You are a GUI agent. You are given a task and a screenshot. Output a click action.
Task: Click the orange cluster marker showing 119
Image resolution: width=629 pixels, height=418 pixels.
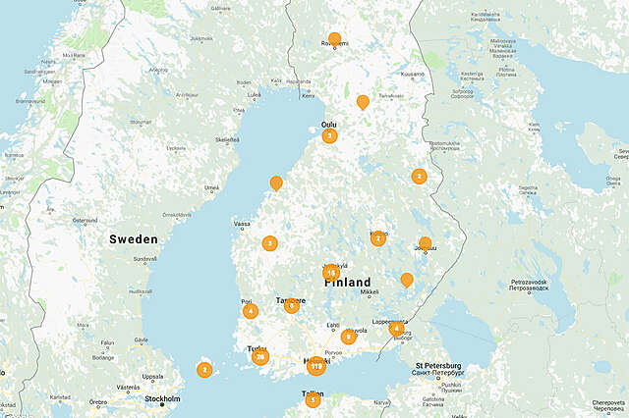click(315, 366)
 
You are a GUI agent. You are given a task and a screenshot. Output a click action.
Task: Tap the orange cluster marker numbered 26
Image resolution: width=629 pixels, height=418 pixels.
click(260, 356)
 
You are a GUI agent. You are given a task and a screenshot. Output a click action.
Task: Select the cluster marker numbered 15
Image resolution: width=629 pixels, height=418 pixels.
click(331, 273)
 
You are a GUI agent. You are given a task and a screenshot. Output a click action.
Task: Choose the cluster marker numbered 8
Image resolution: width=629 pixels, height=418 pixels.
click(349, 337)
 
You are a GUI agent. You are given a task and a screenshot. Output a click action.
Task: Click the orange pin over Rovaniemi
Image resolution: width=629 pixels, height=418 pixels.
click(334, 39)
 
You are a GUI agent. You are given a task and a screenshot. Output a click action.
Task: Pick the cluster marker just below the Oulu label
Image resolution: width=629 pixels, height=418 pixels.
click(329, 136)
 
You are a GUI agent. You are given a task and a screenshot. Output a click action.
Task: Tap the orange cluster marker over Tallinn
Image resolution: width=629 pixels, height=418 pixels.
click(313, 399)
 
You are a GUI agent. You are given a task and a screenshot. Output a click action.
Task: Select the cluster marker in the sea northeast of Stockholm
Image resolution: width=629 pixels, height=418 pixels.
click(204, 370)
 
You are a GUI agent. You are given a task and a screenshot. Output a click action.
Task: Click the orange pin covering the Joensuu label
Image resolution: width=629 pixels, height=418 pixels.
click(425, 243)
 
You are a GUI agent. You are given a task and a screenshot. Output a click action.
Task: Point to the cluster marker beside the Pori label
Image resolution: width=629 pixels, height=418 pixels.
click(251, 311)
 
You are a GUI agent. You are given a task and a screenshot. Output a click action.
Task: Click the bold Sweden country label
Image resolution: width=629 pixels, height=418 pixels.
click(133, 239)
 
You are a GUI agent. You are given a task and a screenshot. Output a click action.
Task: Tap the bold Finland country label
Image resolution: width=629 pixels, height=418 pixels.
click(348, 282)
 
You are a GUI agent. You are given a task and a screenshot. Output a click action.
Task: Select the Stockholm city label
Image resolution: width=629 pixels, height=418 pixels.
click(162, 399)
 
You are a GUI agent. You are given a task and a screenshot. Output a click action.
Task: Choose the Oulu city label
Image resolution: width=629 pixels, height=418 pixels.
click(328, 124)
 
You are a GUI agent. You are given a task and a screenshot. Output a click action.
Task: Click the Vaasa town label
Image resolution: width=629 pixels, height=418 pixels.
click(241, 225)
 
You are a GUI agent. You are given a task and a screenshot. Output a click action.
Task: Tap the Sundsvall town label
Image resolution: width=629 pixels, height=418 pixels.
click(144, 259)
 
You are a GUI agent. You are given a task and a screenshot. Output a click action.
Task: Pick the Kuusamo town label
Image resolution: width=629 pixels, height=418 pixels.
click(412, 74)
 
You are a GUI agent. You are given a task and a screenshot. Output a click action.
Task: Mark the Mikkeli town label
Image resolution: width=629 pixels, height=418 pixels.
click(370, 291)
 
